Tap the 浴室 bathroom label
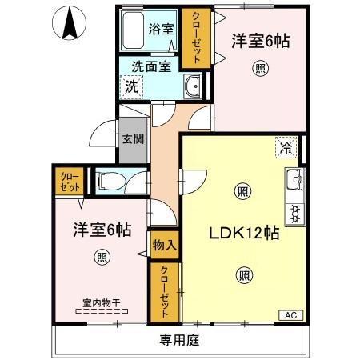(x=162, y=29)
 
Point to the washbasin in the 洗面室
(x=192, y=86)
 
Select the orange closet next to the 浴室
(x=192, y=38)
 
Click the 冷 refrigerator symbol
(x=287, y=146)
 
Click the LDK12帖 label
(x=244, y=234)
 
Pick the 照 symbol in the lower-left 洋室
(x=102, y=256)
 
